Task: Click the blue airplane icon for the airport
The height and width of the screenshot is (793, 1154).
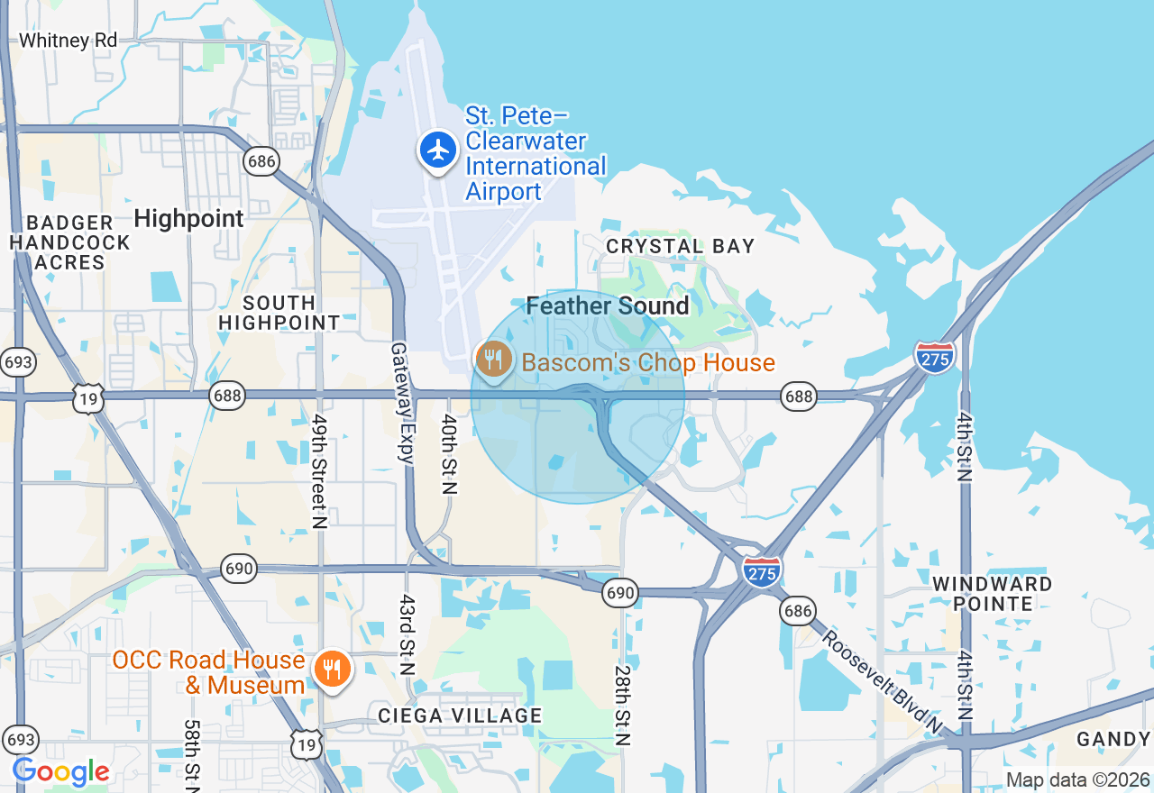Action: click(x=439, y=150)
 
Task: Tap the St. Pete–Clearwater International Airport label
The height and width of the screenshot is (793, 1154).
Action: click(x=536, y=154)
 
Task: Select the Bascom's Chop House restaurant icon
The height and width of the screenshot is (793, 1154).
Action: click(x=493, y=360)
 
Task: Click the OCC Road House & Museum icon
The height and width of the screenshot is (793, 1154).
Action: click(x=333, y=670)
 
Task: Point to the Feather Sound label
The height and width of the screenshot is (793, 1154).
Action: click(x=608, y=306)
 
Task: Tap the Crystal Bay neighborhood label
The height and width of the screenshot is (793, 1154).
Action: click(x=680, y=246)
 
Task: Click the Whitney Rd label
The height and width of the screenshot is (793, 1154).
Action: click(x=68, y=41)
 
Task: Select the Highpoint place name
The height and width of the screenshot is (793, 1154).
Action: click(x=188, y=218)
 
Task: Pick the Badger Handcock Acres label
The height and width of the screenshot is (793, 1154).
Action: click(x=70, y=242)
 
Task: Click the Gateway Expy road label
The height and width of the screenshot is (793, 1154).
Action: click(x=401, y=402)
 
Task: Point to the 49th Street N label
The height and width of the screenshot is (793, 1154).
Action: click(x=318, y=469)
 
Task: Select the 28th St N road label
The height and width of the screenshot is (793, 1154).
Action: click(x=622, y=706)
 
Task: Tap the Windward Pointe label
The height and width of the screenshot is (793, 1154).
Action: click(x=992, y=593)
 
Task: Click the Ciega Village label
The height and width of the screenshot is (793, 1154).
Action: click(x=460, y=716)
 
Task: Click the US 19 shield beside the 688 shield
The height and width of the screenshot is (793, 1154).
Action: click(x=88, y=396)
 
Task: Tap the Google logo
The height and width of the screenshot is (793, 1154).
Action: click(x=60, y=772)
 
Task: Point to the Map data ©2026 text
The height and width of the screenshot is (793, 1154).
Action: click(x=1077, y=780)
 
